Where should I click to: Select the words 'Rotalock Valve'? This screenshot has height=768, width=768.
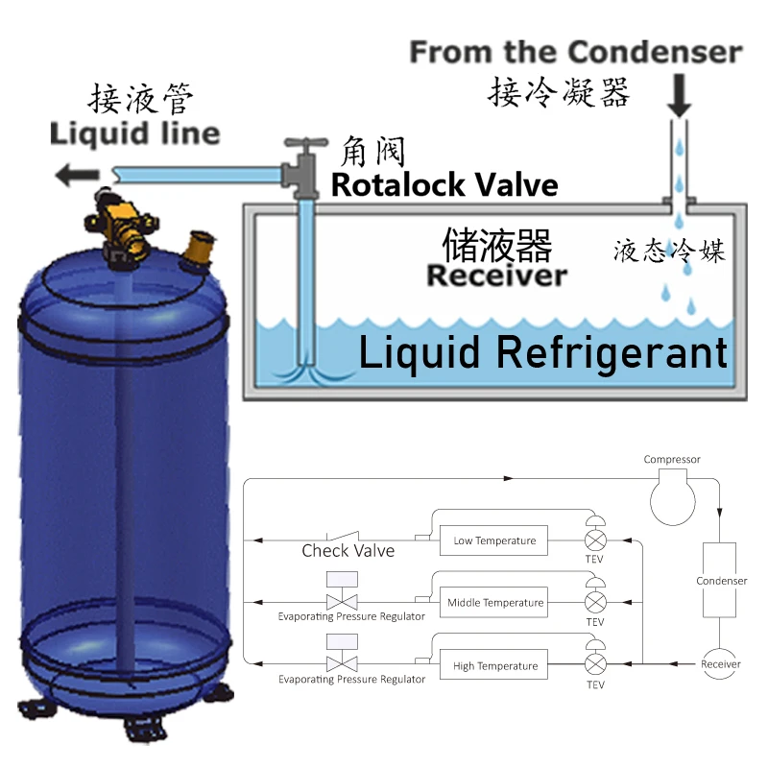(444, 184)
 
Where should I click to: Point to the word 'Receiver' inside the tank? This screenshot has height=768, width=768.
(496, 276)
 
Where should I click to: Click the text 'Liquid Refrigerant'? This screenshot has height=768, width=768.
(543, 353)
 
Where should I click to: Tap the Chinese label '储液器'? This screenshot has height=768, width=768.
(496, 246)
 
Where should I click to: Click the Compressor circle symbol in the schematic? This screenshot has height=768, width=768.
(672, 494)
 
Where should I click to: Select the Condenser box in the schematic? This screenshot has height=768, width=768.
(719, 580)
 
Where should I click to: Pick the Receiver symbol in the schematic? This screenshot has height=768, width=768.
(720, 664)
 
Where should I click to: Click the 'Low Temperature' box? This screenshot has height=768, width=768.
(494, 540)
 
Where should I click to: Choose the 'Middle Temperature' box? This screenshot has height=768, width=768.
(495, 603)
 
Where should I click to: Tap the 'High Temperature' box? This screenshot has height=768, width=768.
(494, 665)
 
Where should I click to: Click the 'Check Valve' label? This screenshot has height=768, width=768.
(348, 550)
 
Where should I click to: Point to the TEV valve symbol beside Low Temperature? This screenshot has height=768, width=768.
(596, 540)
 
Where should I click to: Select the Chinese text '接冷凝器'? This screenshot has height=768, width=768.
(559, 93)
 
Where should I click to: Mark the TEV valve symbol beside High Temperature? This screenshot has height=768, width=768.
(596, 665)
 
